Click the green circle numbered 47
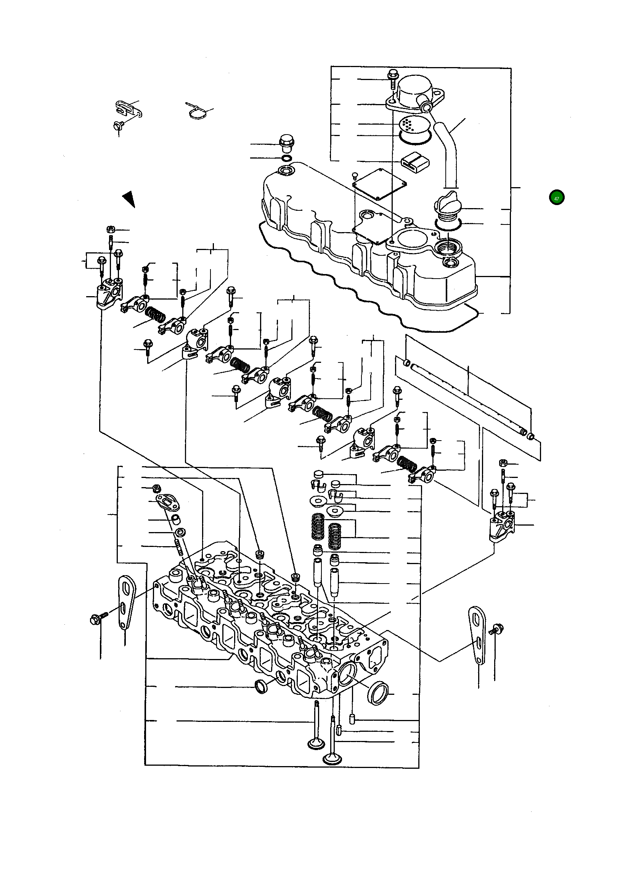click(x=556, y=198)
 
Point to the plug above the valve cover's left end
click(x=286, y=144)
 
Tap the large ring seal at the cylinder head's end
click(x=378, y=693)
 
